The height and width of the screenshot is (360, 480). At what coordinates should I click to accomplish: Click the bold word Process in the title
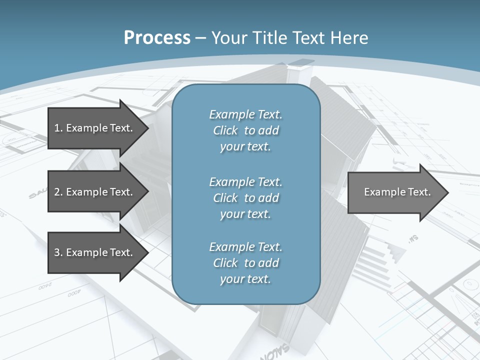point(157,38)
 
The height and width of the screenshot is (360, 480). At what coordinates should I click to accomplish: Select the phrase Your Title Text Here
point(289,38)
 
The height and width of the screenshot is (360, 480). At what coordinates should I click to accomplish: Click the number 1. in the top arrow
point(58,128)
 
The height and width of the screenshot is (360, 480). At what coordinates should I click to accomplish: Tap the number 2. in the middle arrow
point(58,192)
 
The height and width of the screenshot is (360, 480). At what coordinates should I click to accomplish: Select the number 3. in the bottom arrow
point(58,252)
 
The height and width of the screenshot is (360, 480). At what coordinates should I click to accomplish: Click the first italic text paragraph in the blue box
point(246,130)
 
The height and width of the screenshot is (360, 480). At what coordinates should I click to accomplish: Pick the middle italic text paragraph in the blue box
point(246,198)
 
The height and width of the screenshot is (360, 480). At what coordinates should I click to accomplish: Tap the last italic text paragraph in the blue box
point(246,263)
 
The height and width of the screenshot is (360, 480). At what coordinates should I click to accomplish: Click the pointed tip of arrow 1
point(147,128)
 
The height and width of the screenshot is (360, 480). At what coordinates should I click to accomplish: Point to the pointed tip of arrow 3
point(147,252)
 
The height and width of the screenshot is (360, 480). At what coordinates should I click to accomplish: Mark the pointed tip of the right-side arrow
point(447,192)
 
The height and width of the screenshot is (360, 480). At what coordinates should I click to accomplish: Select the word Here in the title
point(350,38)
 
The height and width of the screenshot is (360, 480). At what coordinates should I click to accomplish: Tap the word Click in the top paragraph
point(225,130)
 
